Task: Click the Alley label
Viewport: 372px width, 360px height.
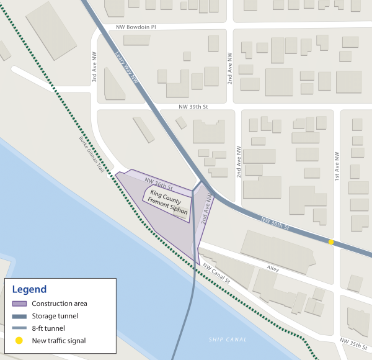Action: tap(273, 269)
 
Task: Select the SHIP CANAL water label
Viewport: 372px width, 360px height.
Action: tap(228, 340)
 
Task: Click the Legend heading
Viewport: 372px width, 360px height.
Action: tap(29, 289)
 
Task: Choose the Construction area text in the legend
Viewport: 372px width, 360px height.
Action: tap(60, 304)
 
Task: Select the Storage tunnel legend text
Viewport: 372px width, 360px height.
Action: tap(55, 316)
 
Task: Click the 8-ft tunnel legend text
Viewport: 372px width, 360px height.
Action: tap(48, 328)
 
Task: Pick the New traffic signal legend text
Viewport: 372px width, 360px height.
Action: tap(59, 340)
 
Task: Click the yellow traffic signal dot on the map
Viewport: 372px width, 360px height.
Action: tap(331, 242)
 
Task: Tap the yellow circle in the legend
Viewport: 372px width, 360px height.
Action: tap(19, 340)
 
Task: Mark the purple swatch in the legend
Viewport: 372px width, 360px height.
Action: tap(19, 304)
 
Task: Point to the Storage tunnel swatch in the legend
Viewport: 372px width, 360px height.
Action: tap(19, 316)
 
